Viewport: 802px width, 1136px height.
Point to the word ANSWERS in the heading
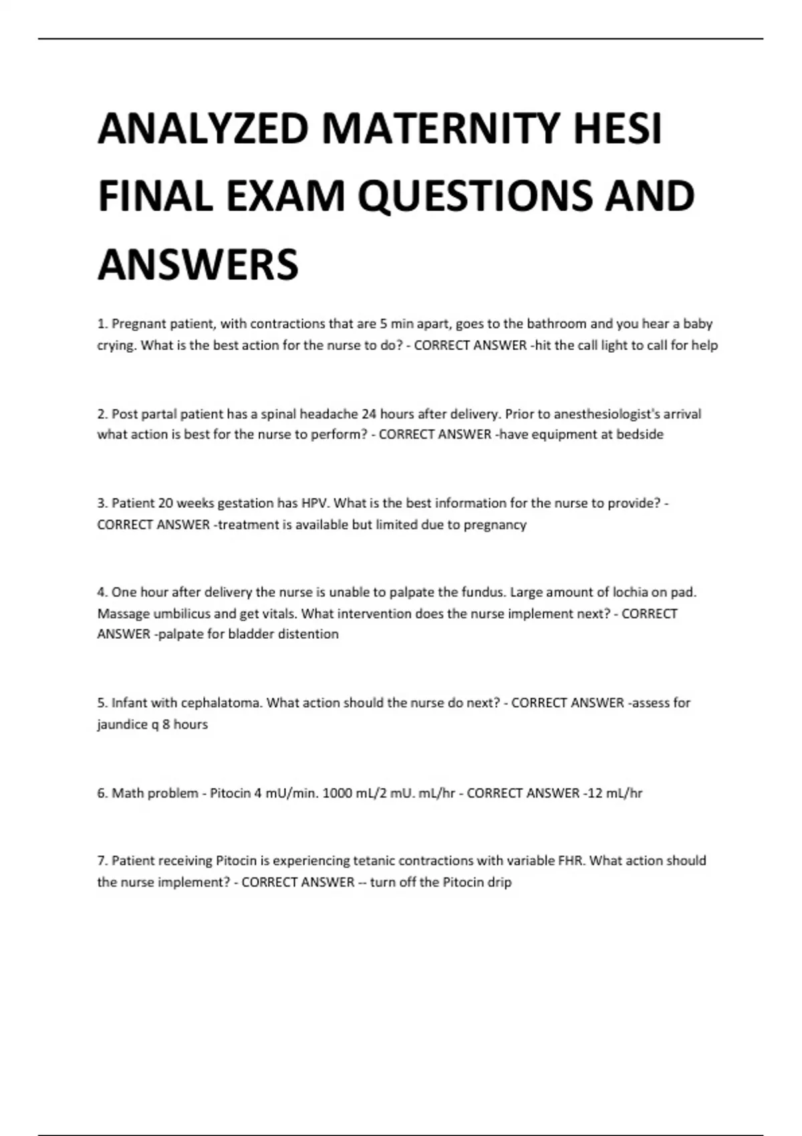pos(198,264)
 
